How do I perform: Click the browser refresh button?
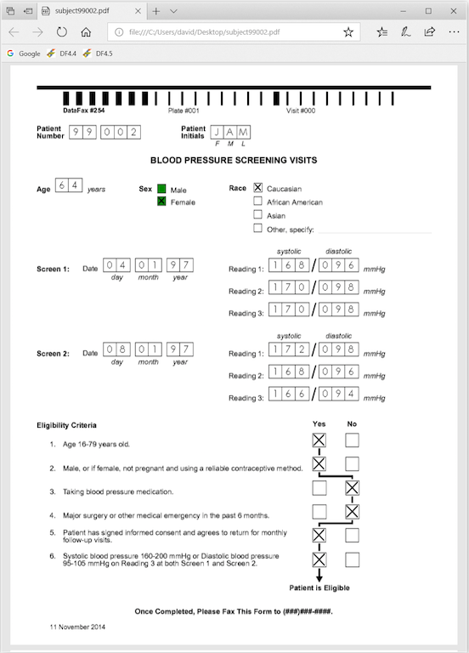[61, 32]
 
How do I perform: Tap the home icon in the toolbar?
[86, 32]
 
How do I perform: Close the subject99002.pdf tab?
[138, 11]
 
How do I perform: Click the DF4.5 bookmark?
[98, 54]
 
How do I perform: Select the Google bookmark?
[24, 54]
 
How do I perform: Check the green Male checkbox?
[161, 189]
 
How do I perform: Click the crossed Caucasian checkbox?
[258, 188]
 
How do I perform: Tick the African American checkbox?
[258, 202]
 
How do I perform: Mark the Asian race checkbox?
[258, 215]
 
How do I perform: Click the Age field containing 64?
[69, 185]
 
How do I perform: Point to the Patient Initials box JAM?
[230, 133]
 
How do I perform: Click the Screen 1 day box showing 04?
[116, 265]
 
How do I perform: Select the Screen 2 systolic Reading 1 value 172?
[289, 349]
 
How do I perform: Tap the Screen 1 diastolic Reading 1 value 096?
[339, 265]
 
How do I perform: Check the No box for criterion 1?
[352, 440]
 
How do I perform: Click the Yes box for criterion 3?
[319, 488]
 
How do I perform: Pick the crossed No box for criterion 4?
[352, 512]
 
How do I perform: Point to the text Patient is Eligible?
[319, 588]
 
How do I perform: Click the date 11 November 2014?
[77, 627]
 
